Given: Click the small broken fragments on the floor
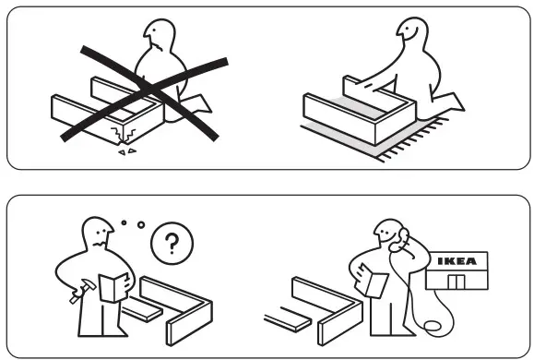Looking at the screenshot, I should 126,151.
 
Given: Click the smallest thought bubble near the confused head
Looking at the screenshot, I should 123,221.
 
